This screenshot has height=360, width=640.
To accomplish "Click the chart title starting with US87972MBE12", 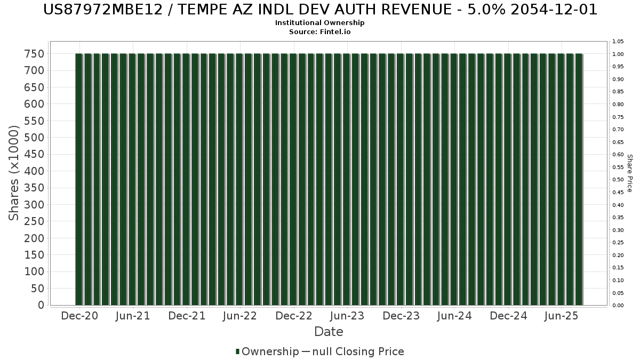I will coord(320,10).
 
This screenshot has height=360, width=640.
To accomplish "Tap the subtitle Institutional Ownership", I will coord(320,23).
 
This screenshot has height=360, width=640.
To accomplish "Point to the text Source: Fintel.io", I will coord(320,31).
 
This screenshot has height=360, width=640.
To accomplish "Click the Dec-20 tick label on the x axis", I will coord(80,316).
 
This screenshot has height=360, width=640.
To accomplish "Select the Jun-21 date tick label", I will coord(133,316).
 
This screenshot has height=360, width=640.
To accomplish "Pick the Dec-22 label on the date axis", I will coord(294,316).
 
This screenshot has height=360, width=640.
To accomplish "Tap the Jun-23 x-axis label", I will coord(347,316).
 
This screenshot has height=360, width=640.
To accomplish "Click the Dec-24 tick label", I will coord(508,316).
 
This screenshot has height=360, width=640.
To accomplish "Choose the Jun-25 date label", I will coord(561,316).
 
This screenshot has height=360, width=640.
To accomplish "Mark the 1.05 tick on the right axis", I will coord(618,42).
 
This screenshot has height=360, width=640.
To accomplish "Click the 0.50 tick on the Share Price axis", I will coord(618,180).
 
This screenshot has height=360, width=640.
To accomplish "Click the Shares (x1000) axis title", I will coord(14,172).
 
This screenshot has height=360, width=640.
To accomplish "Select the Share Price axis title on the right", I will coord(629,173).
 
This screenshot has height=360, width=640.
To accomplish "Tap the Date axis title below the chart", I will coord(329,332).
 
